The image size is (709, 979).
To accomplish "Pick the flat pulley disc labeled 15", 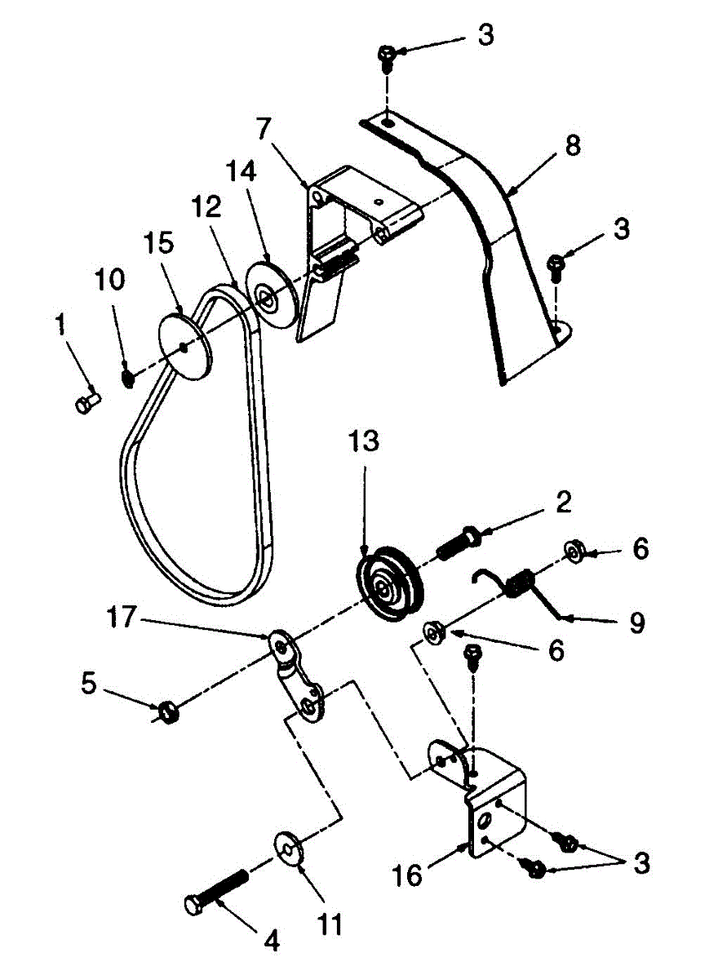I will click(185, 345).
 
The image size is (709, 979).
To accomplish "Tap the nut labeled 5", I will click(169, 712).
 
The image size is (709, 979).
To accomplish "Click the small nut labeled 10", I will click(128, 379).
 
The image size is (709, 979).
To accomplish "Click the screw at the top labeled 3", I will click(388, 55).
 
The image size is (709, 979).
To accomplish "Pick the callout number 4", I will click(272, 941).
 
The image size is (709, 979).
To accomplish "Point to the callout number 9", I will click(636, 623).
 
